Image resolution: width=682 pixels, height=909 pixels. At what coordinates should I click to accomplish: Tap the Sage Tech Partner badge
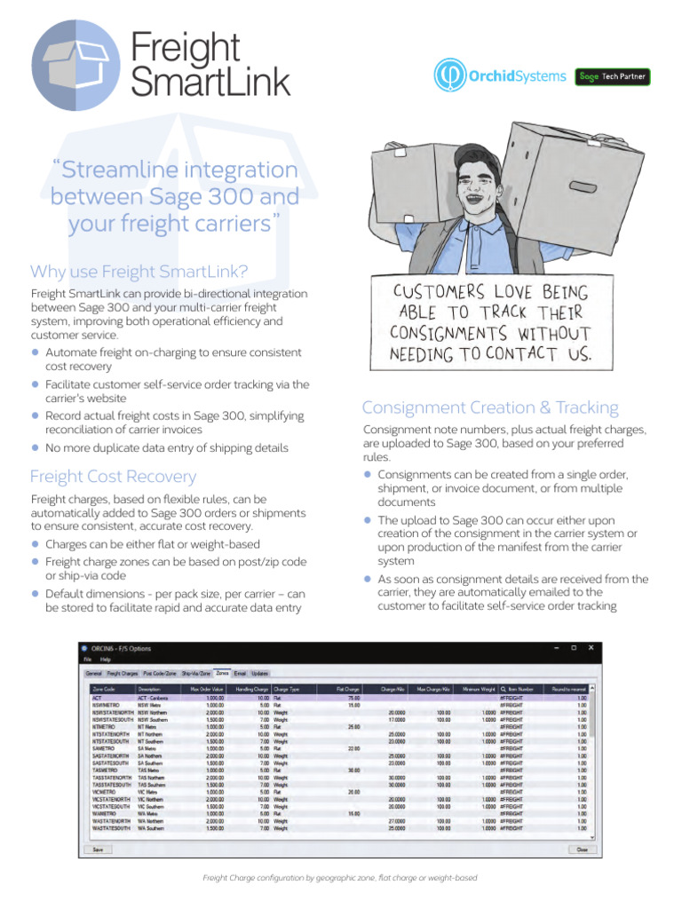[613, 76]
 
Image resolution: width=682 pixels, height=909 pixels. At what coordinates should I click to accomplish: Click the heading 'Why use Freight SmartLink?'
[139, 271]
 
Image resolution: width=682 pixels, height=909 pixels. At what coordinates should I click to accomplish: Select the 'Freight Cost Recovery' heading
[113, 477]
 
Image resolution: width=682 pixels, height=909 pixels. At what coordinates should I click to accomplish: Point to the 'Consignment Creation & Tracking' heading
[490, 407]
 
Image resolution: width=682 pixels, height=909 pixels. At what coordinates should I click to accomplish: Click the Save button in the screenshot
[97, 849]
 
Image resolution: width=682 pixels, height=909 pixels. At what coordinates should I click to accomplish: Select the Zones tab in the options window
[222, 674]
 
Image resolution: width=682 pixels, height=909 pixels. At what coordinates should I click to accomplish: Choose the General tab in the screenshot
[93, 674]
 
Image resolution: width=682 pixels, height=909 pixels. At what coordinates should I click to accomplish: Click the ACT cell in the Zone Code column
[98, 698]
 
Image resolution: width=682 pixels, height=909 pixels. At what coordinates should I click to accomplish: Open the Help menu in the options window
[106, 660]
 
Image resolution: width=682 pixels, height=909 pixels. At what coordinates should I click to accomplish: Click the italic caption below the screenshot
[340, 878]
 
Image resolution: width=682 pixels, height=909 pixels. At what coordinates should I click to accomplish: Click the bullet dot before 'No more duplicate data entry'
[36, 447]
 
